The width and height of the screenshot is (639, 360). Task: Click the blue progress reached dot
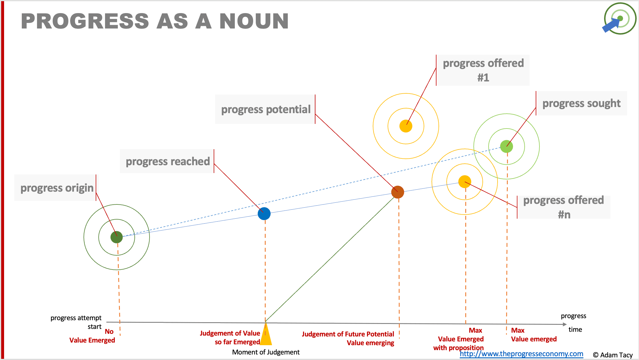click(264, 214)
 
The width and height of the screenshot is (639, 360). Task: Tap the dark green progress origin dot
click(117, 237)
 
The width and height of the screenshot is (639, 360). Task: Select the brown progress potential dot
click(397, 192)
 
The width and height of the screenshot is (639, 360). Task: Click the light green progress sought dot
click(507, 146)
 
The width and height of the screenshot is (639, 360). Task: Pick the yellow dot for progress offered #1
click(406, 126)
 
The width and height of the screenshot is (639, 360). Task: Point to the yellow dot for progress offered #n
click(465, 182)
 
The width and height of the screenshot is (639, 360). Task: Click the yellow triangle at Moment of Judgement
click(266, 336)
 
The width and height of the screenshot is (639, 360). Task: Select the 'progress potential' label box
click(265, 109)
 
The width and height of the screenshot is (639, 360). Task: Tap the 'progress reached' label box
click(167, 161)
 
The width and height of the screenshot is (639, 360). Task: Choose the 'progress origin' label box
click(56, 188)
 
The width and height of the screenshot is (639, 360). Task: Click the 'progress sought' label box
click(581, 103)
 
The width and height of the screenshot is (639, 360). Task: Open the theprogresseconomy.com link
click(521, 354)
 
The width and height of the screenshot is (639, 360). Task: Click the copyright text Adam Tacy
click(613, 355)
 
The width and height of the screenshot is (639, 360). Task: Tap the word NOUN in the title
click(254, 22)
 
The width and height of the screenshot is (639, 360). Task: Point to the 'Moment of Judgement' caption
click(266, 352)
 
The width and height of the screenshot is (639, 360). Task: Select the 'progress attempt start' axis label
click(76, 322)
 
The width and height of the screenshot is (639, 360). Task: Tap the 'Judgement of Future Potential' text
click(348, 334)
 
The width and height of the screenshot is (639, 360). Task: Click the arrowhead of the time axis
click(565, 324)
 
